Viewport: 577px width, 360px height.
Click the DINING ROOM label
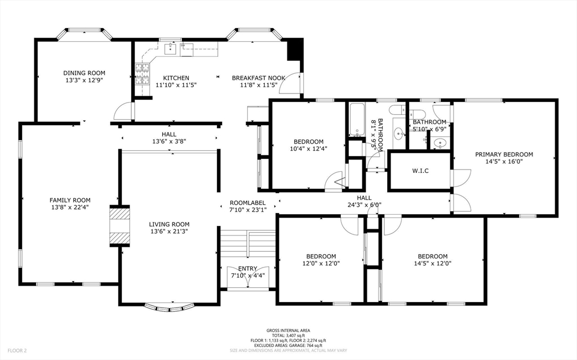click(x=84, y=73)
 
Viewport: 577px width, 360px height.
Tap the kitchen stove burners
click(x=142, y=73)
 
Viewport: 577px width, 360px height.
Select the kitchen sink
click(x=171, y=50)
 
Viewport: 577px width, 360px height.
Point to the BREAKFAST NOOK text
click(x=259, y=78)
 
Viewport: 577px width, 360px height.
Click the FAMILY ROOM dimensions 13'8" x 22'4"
click(x=70, y=207)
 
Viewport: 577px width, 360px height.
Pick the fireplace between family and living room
click(x=119, y=225)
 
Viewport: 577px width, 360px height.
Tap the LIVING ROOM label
click(x=169, y=224)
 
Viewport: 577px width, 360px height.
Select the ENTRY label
click(x=247, y=268)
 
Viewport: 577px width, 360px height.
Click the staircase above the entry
click(x=247, y=243)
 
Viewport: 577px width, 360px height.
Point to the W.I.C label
click(x=420, y=171)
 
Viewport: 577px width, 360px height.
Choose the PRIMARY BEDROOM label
click(x=504, y=154)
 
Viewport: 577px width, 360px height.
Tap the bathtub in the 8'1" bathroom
click(x=357, y=120)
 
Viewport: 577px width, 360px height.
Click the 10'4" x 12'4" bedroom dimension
click(x=308, y=149)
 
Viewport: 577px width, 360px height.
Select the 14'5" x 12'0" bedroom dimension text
click(x=433, y=263)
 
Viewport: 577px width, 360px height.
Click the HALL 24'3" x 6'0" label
click(x=364, y=202)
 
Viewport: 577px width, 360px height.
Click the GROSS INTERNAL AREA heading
click(x=288, y=331)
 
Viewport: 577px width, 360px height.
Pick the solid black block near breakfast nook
click(x=295, y=50)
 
